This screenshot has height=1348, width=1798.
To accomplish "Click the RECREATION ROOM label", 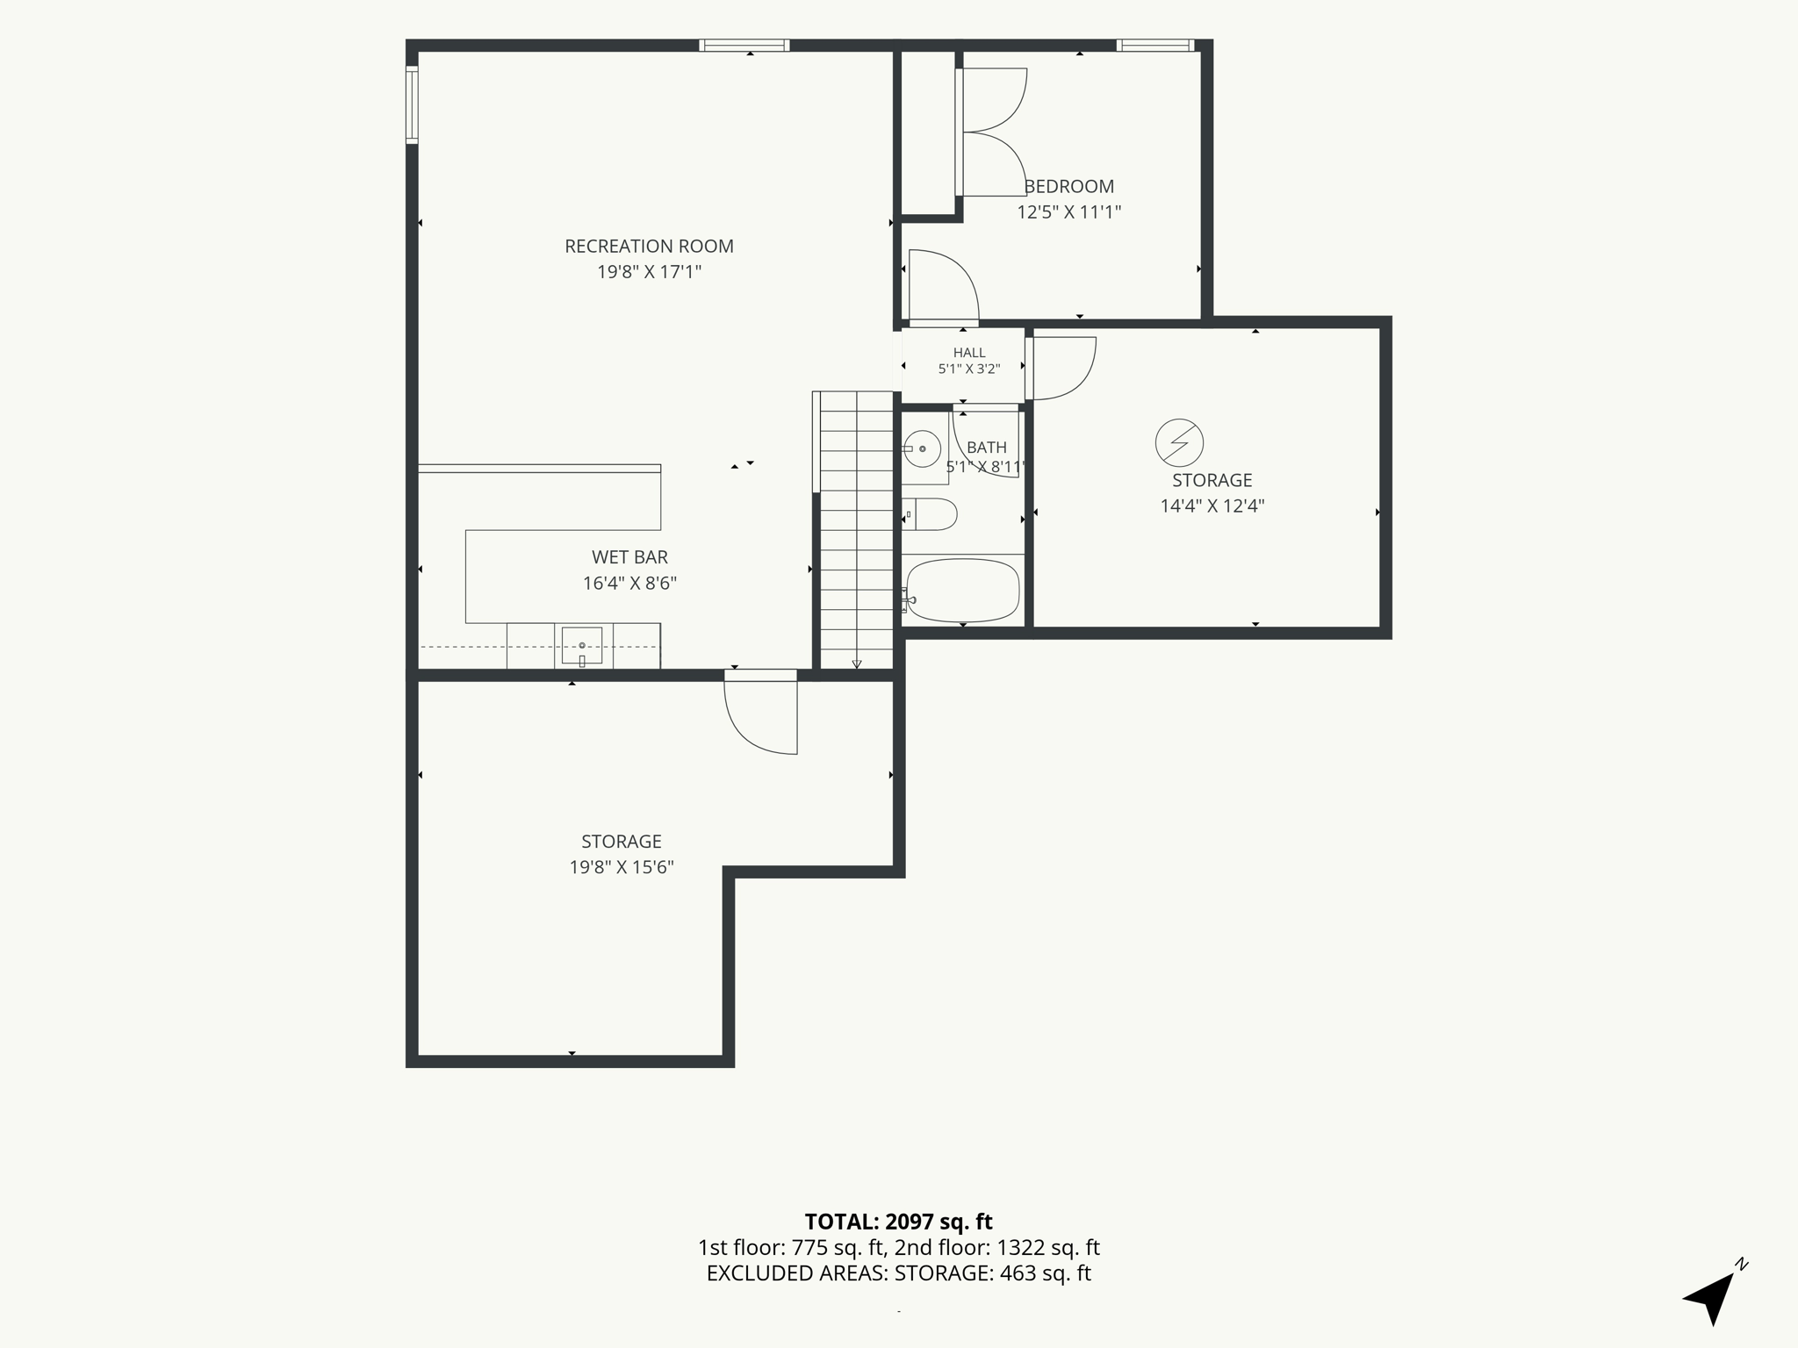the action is pyautogui.click(x=649, y=247).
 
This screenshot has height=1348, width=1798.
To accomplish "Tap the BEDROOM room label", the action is pyautogui.click(x=1069, y=186).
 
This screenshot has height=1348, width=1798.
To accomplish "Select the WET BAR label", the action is pyautogui.click(x=629, y=557).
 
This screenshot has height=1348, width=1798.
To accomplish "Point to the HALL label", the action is pyautogui.click(x=969, y=353).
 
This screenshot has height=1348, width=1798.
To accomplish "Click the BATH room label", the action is pyautogui.click(x=986, y=448).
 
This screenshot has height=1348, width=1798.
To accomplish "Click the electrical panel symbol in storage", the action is pyautogui.click(x=1179, y=442).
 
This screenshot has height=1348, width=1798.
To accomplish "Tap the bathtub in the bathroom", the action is pyautogui.click(x=963, y=590).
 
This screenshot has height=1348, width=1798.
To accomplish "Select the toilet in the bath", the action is pyautogui.click(x=930, y=514).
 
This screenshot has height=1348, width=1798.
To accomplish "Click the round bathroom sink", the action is pyautogui.click(x=923, y=449).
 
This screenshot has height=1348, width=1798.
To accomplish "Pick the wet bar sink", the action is pyautogui.click(x=582, y=646).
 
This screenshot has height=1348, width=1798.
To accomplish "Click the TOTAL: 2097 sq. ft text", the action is pyautogui.click(x=898, y=1222).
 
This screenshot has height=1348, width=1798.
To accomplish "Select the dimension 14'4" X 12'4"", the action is pyautogui.click(x=1212, y=506).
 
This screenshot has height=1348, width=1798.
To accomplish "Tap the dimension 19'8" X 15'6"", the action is pyautogui.click(x=622, y=868).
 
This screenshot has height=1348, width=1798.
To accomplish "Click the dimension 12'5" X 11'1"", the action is pyautogui.click(x=1069, y=212).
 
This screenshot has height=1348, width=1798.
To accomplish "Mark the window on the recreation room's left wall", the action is pyautogui.click(x=411, y=104).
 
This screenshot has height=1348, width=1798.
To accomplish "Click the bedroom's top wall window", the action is pyautogui.click(x=1155, y=46).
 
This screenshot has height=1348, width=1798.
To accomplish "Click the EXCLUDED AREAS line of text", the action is pyautogui.click(x=899, y=1273).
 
